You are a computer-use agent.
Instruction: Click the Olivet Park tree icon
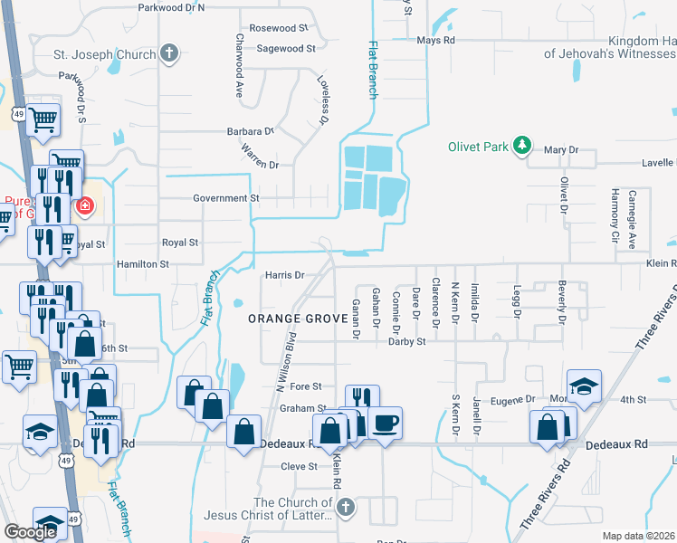tap(521, 145)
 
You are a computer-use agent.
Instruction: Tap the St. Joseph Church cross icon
tap(168, 53)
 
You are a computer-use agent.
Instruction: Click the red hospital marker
tap(85, 206)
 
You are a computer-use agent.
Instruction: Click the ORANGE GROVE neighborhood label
tap(299, 319)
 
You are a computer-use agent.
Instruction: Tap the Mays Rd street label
tap(435, 41)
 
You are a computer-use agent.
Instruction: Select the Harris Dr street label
tap(284, 275)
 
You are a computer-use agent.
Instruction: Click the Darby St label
tap(407, 342)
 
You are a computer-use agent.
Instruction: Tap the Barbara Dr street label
tap(250, 131)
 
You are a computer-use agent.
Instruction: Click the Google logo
tap(30, 532)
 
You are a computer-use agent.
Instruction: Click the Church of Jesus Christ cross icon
tap(345, 510)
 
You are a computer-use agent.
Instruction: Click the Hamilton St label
tap(142, 264)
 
